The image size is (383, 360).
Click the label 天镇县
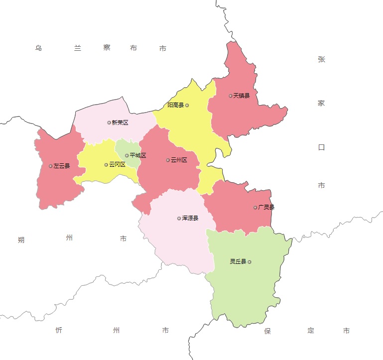(x=242, y=96)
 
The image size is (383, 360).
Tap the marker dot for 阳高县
(x=187, y=105)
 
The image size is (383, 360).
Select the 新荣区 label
(x=120, y=122)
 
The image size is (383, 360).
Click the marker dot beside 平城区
(x=127, y=155)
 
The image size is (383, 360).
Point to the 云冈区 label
(x=117, y=165)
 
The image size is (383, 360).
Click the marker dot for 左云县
(x=50, y=166)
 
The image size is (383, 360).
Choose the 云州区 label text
(x=179, y=160)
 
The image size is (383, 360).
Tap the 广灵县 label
(x=266, y=207)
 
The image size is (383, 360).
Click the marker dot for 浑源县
(x=179, y=218)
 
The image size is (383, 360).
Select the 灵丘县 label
(x=238, y=261)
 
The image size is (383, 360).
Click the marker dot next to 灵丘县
(x=250, y=261)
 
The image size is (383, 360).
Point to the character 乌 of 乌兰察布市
(x=38, y=48)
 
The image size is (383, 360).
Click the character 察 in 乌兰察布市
(x=107, y=48)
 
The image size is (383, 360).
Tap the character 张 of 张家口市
(x=321, y=59)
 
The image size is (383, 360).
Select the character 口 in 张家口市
(x=321, y=147)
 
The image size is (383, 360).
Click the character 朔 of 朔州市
(x=21, y=240)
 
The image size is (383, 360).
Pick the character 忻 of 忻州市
(x=59, y=330)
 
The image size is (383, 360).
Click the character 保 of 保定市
(x=267, y=331)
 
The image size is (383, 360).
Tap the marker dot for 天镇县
(x=231, y=96)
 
